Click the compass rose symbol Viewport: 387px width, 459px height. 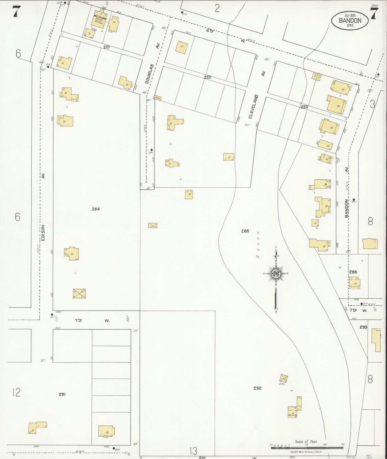coord(276,273)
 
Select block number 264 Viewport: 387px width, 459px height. coord(96,209)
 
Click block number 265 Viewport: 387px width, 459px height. coord(245,231)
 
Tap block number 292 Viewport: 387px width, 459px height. coord(257,388)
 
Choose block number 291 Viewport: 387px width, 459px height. coord(62,394)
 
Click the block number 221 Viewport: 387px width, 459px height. coord(107,47)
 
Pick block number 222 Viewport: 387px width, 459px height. coord(208,77)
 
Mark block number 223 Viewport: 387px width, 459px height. coord(304,107)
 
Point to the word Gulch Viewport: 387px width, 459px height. coord(258,244)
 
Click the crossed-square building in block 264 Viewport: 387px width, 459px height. coord(79,293)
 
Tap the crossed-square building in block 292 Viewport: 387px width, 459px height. coord(283,378)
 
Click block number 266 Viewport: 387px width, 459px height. coord(353,272)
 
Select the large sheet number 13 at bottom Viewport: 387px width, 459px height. coord(194,451)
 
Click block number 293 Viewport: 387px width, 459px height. coord(363,327)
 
